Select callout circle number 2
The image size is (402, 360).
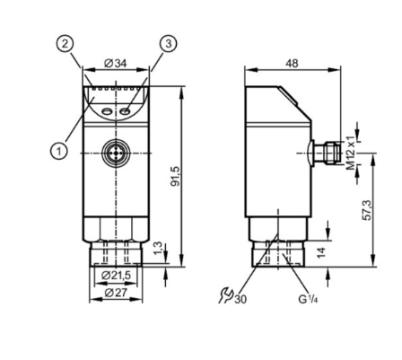pyautogui.click(x=64, y=44)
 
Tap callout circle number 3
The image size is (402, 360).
pyautogui.click(x=167, y=44)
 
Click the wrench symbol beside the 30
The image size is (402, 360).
pyautogui.click(x=225, y=294)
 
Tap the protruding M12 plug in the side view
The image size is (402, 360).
pyautogui.click(x=327, y=146)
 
